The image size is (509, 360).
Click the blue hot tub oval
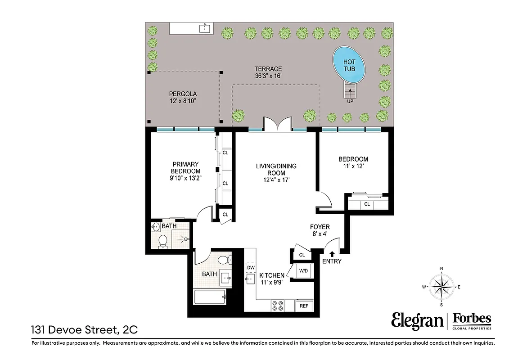coord(349,65)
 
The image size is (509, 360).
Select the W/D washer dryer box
coord(303,271)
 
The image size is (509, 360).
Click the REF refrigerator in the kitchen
coord(304,306)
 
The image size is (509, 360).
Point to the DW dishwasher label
coord(251,267)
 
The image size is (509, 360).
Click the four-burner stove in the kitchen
coord(277,306)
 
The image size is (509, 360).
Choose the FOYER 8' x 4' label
coord(320,230)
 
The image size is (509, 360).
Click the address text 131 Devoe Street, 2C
coord(84,330)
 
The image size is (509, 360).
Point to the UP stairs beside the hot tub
coord(350,93)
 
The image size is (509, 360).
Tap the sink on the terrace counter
coord(205,28)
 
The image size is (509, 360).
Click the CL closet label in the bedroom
coord(367,204)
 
